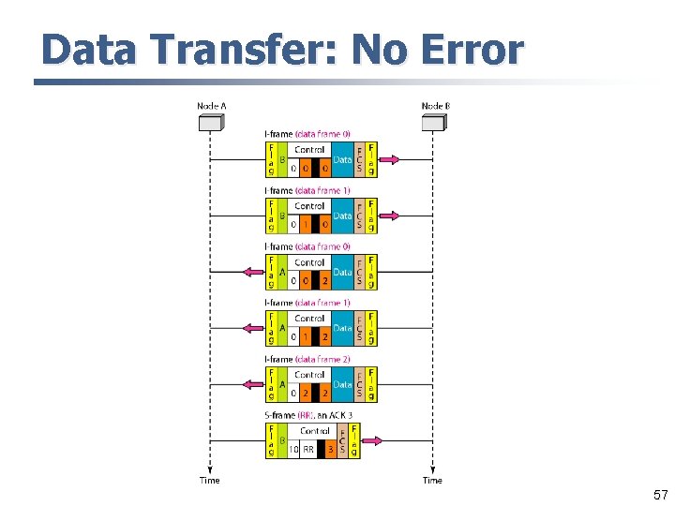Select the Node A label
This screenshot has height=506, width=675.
(x=211, y=106)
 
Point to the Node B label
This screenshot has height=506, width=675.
(x=435, y=106)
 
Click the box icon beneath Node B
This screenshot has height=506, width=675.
(x=433, y=122)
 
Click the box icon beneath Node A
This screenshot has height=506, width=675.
(x=209, y=122)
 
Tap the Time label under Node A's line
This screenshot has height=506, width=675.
(x=210, y=481)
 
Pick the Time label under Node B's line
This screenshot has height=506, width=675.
(x=432, y=481)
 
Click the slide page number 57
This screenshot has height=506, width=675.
(x=660, y=494)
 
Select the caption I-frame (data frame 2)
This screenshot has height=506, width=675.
(x=308, y=360)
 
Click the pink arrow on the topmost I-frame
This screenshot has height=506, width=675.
(x=389, y=159)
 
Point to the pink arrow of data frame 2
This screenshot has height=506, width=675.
(x=252, y=383)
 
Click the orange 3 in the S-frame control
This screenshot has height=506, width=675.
(x=330, y=450)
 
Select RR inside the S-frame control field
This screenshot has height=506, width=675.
(x=307, y=450)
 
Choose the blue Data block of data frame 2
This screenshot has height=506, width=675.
(x=342, y=384)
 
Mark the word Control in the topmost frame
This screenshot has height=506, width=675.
(x=309, y=150)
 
